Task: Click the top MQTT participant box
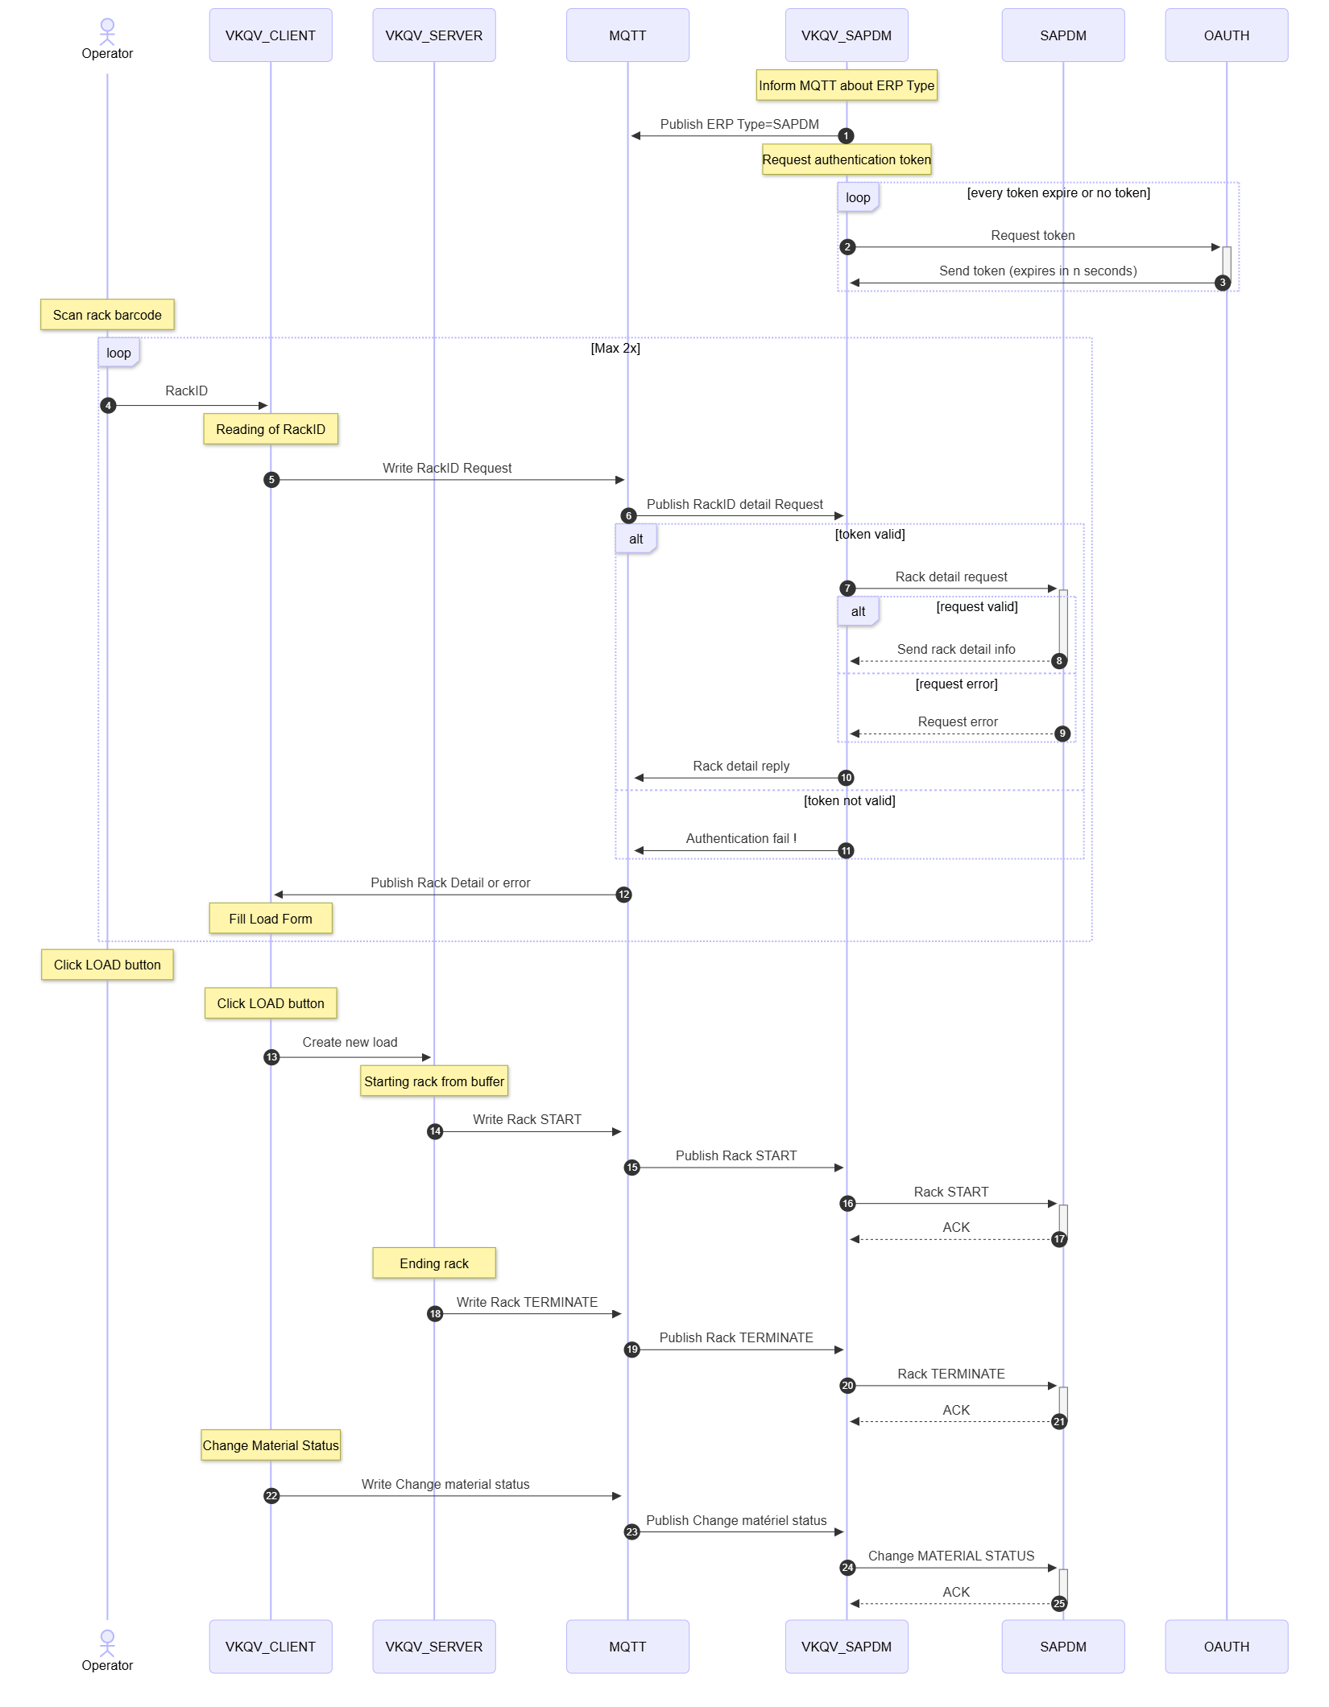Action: [x=627, y=35]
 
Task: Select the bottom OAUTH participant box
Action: [x=1226, y=1647]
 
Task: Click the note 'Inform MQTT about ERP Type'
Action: [x=847, y=85]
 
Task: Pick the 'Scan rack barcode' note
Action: [x=107, y=315]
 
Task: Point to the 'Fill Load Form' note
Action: [x=271, y=919]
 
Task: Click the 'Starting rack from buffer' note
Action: [x=434, y=1081]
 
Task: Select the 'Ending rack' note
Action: [x=434, y=1263]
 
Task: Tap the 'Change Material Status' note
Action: [x=271, y=1445]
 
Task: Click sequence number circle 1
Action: [x=846, y=136]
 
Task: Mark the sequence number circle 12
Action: [x=623, y=895]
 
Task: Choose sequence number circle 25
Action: [x=1059, y=1604]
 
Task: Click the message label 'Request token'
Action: [x=1033, y=235]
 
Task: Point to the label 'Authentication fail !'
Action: [x=741, y=838]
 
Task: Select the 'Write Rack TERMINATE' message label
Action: [x=527, y=1302]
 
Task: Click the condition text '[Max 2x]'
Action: [x=615, y=348]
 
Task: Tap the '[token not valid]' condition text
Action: [x=849, y=800]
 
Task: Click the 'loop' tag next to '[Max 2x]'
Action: [x=118, y=353]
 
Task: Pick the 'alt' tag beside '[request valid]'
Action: [x=858, y=611]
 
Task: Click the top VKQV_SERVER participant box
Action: [x=434, y=35]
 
